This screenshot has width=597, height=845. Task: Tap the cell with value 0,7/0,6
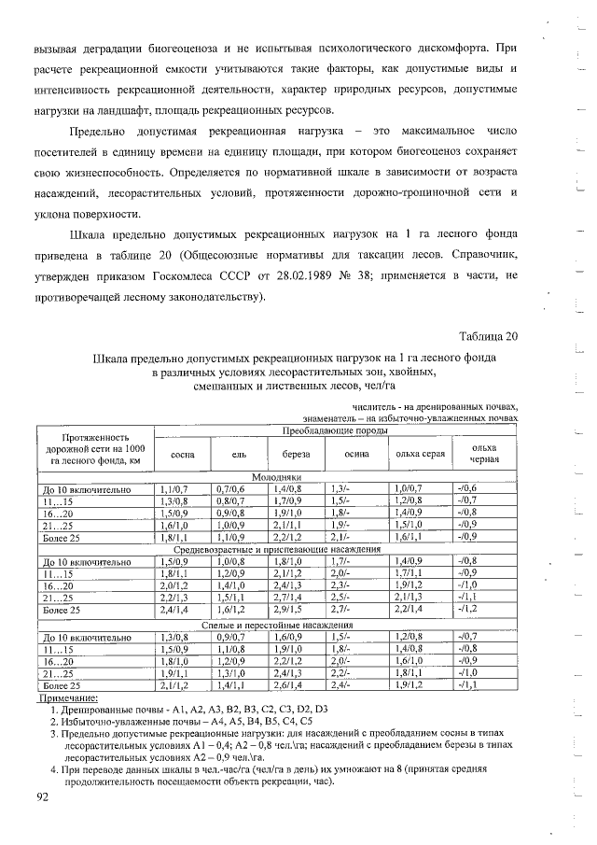click(x=229, y=487)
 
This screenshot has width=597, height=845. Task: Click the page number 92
click(x=43, y=796)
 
